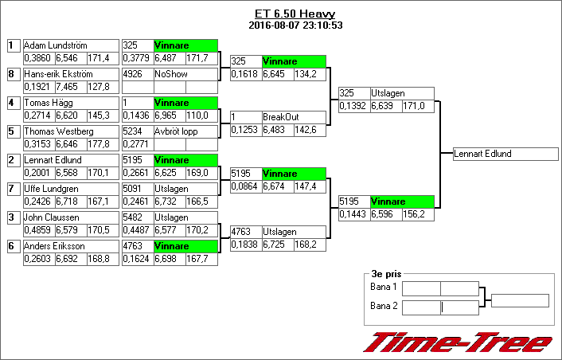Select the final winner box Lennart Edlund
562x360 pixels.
tap(505, 154)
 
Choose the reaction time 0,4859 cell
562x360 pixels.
tap(38, 229)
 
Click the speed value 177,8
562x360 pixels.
tap(99, 143)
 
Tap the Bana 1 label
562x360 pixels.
tap(384, 286)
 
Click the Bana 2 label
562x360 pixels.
tap(384, 305)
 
